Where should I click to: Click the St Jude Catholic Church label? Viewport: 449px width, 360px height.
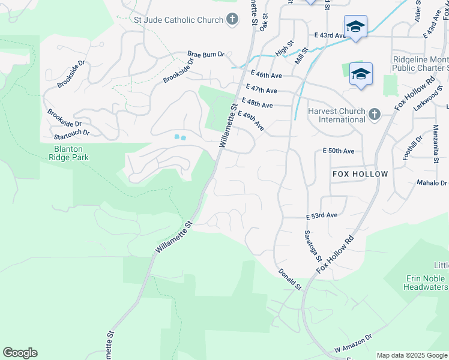(x=178, y=20)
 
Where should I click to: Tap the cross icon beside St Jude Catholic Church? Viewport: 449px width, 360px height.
(x=232, y=20)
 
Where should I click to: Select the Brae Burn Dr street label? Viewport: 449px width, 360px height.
(x=205, y=54)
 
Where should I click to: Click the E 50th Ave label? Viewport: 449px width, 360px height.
(x=339, y=151)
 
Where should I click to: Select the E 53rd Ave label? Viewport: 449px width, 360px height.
(x=322, y=215)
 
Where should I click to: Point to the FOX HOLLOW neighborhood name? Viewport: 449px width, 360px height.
(x=360, y=173)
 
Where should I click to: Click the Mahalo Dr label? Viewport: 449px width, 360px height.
(x=432, y=183)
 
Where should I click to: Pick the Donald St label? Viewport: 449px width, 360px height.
(x=289, y=280)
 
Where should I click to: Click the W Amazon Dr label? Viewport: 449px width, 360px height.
(x=354, y=344)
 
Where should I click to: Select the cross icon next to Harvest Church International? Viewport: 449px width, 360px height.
(x=375, y=114)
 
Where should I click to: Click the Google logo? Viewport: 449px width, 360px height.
(x=20, y=353)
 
